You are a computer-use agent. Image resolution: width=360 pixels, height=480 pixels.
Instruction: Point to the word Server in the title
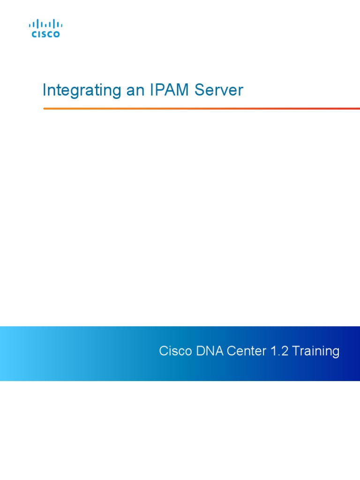[x=219, y=90]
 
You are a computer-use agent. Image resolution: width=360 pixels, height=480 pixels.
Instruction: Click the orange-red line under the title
[x=202, y=108]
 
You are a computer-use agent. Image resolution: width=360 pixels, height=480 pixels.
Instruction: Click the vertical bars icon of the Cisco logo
[x=45, y=24]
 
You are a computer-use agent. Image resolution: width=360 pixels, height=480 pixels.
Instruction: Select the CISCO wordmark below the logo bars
[x=45, y=34]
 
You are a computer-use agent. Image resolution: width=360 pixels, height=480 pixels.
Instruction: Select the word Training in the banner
[x=316, y=351]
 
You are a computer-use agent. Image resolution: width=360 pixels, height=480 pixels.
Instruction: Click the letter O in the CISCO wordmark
[x=57, y=34]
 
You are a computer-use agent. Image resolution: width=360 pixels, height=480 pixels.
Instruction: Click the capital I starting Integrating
[x=44, y=90]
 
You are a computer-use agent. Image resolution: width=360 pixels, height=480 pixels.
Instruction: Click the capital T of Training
[x=296, y=351]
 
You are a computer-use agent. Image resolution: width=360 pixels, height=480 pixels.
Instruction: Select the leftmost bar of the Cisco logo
[x=30, y=24]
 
